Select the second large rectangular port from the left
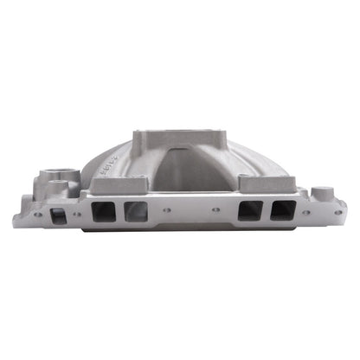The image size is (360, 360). pos(136,211)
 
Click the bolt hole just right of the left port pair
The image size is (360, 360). pos(165,209)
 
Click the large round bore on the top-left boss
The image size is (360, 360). pos(66,168)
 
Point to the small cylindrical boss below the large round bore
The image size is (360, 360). pos(58,186)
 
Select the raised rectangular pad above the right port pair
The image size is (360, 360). pos(255,183)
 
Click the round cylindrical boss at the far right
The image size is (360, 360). pos(320,193)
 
